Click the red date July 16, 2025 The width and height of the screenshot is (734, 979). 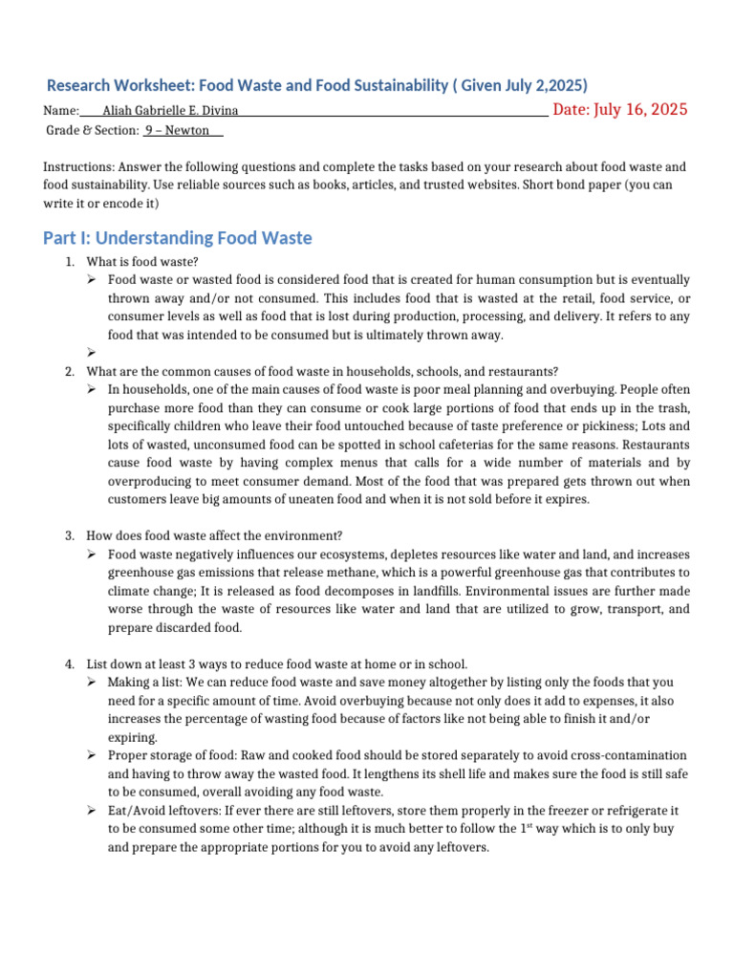coord(620,109)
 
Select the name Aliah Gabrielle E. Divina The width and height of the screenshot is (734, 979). coord(177,111)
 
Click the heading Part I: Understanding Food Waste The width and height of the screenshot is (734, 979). coord(178,237)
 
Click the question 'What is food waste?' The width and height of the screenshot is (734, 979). coord(142,262)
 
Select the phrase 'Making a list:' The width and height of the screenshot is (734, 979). coord(144,683)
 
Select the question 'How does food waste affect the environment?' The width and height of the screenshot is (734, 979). coord(214,535)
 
